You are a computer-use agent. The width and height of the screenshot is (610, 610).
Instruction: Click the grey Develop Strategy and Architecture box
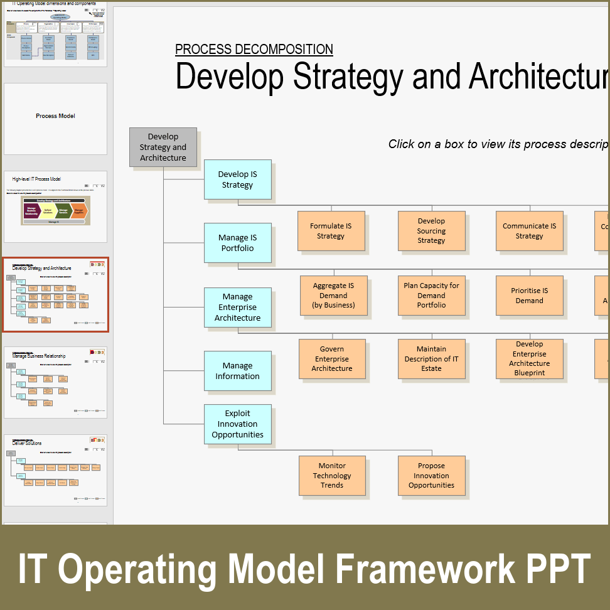click(163, 147)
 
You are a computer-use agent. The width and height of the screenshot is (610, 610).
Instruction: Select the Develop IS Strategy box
click(237, 179)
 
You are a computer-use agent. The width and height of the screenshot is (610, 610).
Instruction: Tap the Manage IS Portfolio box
click(237, 243)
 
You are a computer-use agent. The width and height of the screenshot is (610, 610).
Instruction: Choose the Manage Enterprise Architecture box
click(237, 308)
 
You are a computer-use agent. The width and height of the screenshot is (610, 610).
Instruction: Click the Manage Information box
click(237, 371)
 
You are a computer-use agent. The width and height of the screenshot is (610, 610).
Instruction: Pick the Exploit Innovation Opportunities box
click(237, 424)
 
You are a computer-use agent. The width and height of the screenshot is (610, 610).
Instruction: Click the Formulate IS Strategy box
click(331, 231)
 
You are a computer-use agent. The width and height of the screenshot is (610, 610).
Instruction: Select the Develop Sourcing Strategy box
click(431, 231)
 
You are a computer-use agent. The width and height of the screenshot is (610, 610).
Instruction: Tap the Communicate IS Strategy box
click(529, 231)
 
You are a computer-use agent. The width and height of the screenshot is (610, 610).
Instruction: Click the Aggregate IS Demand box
click(333, 295)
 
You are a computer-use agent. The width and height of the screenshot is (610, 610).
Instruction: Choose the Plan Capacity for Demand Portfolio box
click(431, 295)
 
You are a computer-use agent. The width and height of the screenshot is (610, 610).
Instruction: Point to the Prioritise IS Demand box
click(529, 295)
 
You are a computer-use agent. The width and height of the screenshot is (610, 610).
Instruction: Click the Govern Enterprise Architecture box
click(332, 359)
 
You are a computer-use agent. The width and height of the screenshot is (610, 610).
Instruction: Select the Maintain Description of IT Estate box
click(431, 359)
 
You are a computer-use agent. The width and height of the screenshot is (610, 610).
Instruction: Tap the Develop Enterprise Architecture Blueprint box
click(529, 359)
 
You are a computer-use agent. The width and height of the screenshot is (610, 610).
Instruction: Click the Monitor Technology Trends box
click(332, 476)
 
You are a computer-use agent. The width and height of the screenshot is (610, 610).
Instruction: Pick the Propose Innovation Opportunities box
click(431, 476)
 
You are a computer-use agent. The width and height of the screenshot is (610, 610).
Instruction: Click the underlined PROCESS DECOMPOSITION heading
click(254, 50)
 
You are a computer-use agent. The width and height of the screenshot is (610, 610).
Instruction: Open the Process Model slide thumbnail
click(55, 118)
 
